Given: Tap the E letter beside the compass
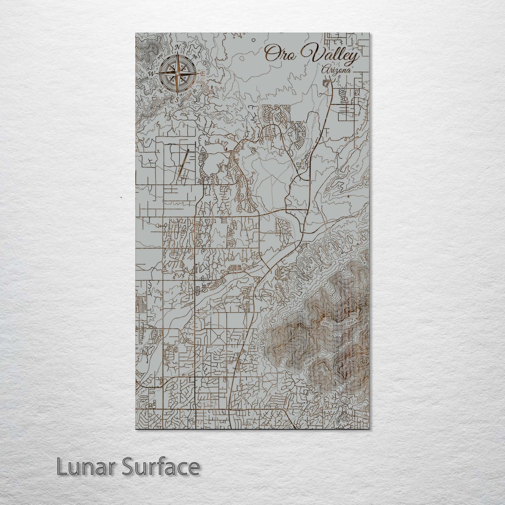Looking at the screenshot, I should click(x=202, y=74).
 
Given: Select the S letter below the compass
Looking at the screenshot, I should click(x=177, y=99).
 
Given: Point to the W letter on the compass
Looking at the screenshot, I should click(x=151, y=74).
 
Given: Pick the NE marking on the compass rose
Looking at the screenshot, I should click(x=195, y=56).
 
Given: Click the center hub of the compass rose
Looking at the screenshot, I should click(x=177, y=73).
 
